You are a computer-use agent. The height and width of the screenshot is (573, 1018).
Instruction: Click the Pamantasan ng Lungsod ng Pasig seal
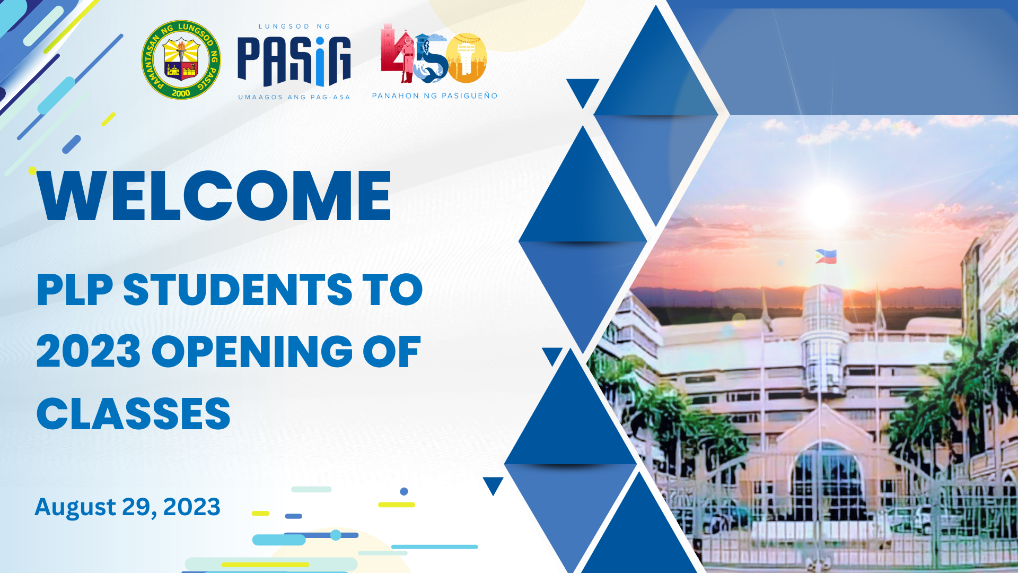[181, 60]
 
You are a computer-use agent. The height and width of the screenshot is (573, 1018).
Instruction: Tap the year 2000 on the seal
[181, 93]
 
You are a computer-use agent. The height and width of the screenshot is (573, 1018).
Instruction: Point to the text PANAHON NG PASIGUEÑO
[435, 96]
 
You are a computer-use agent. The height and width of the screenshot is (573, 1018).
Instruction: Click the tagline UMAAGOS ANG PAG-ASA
[294, 97]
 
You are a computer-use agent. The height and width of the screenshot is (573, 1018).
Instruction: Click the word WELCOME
[214, 196]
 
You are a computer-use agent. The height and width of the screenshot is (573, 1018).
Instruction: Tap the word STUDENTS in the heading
[238, 290]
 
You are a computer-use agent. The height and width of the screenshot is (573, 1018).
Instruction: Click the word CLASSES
[134, 414]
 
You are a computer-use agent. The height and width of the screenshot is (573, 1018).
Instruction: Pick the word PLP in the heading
[75, 290]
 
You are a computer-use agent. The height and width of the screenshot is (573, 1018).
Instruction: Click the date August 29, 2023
[127, 507]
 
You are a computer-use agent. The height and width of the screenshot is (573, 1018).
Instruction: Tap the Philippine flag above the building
[826, 256]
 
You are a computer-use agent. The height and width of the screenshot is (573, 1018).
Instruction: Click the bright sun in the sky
[827, 206]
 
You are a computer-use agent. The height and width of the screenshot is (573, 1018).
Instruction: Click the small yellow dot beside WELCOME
[32, 170]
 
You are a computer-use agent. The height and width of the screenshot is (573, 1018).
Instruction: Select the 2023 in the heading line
[89, 352]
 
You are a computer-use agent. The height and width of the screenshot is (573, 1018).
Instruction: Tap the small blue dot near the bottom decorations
[404, 491]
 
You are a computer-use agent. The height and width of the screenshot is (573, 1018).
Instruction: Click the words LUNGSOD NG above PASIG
[294, 26]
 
